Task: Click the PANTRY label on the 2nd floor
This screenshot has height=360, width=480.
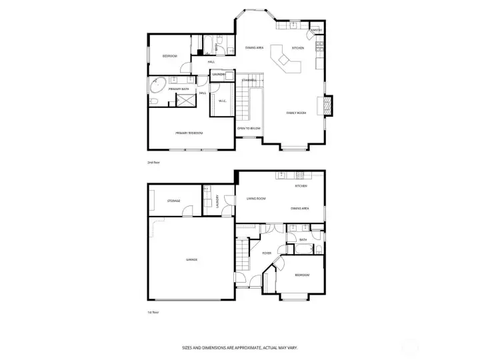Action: tap(317, 30)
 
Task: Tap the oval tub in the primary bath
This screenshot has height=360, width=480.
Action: tap(158, 86)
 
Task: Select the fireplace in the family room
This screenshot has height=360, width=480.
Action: tap(327, 106)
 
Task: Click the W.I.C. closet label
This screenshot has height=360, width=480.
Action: tap(223, 101)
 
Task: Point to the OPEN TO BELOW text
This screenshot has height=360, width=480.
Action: tap(249, 128)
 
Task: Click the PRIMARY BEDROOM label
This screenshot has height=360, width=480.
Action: tap(189, 133)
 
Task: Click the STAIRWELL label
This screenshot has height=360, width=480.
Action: tap(249, 80)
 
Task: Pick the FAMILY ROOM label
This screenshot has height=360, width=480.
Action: tap(296, 113)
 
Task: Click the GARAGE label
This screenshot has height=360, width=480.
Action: tap(191, 259)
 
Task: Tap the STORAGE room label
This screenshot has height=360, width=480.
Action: tap(174, 201)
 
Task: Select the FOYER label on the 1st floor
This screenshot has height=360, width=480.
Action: tap(267, 253)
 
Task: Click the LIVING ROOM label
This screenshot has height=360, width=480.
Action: tap(256, 199)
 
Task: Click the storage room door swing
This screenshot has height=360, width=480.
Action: tap(188, 211)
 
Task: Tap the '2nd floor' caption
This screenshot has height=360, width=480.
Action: tap(153, 162)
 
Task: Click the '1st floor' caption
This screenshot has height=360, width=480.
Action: tap(153, 311)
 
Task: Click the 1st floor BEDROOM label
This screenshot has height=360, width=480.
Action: tap(302, 275)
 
